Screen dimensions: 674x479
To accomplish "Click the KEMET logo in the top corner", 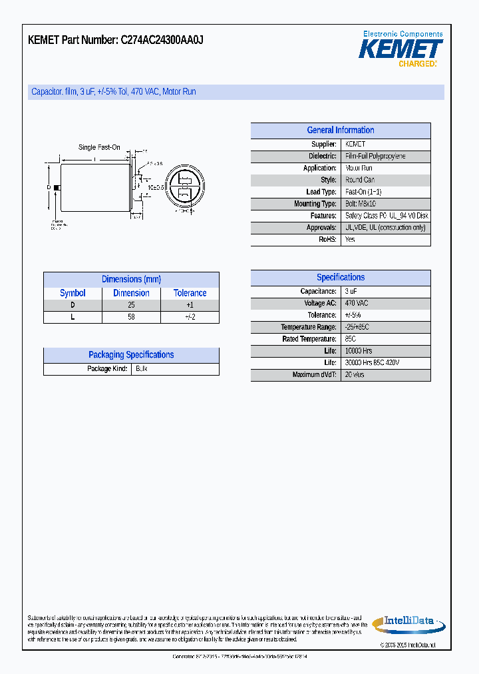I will point(400,49).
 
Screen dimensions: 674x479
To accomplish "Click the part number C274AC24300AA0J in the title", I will point(162,40).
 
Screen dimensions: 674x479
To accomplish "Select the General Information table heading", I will point(341,131).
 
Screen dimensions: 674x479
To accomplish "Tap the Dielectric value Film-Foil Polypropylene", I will point(375,157).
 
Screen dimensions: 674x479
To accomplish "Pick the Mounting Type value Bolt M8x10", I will point(361,204).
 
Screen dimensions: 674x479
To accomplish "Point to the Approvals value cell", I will point(385,228).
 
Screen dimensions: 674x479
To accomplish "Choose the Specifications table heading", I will point(341,278).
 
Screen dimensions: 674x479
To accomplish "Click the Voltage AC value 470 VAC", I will point(357,304).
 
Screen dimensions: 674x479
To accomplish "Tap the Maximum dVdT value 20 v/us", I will point(355,375).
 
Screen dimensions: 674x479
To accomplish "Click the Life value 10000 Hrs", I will point(359,351).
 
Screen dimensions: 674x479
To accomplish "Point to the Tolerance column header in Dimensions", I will point(190,293).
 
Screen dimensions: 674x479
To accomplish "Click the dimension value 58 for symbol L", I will point(131,317).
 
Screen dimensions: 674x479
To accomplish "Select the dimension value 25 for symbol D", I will point(131,305).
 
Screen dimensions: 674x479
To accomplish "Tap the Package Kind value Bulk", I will point(141,369).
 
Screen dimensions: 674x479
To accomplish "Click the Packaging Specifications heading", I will point(131,355).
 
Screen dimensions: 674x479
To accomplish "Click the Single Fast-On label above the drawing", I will point(99,147).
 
